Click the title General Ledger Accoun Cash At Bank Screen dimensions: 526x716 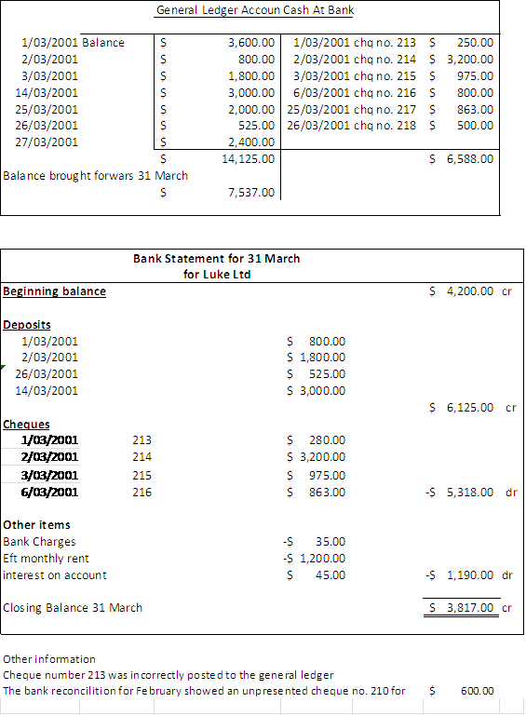[x=254, y=10]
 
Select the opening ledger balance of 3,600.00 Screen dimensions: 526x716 [x=251, y=42]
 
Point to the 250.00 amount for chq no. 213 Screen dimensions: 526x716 [x=476, y=42]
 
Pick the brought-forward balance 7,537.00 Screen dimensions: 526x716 [x=251, y=193]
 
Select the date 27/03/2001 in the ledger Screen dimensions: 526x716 [x=49, y=142]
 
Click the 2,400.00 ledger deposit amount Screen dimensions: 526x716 [x=251, y=142]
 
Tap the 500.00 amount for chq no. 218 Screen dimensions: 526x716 [x=476, y=126]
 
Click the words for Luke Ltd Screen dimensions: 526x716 [x=217, y=274]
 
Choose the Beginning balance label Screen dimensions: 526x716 [x=54, y=291]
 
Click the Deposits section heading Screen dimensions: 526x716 [x=27, y=325]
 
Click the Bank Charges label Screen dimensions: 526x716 [x=40, y=541]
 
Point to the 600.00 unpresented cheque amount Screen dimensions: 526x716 [x=477, y=691]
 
